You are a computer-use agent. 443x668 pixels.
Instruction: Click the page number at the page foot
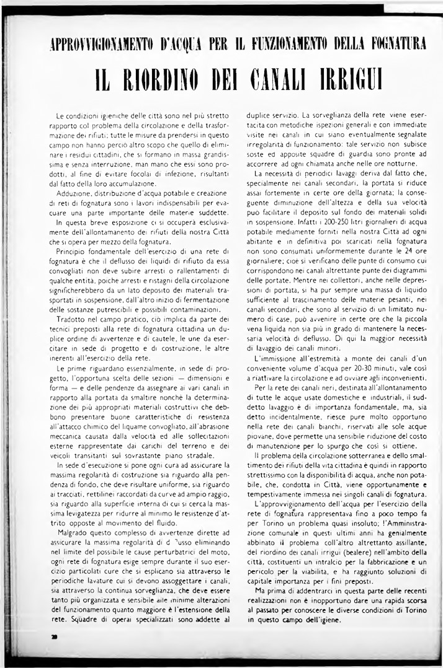pos(55,636)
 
